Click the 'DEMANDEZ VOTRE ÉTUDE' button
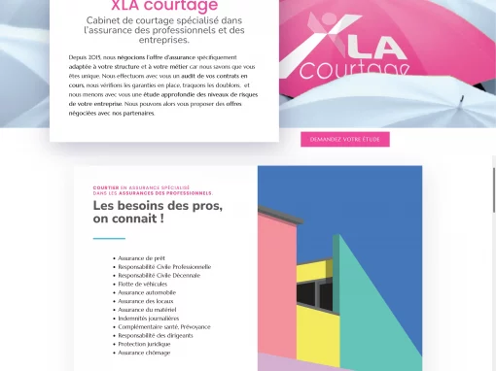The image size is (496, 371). click(x=344, y=139)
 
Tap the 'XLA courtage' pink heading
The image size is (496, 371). click(x=164, y=7)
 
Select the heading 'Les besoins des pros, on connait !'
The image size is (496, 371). click(x=158, y=212)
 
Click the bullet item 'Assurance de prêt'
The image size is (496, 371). click(x=141, y=258)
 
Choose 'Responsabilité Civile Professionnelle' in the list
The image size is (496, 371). click(x=164, y=266)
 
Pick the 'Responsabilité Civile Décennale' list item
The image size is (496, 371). click(x=158, y=275)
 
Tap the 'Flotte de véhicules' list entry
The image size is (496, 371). click(x=145, y=284)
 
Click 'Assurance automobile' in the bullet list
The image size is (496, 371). click(x=147, y=292)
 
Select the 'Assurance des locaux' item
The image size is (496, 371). click(x=146, y=301)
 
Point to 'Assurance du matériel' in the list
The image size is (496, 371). click(x=147, y=310)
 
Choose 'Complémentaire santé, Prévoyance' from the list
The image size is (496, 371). click(x=163, y=327)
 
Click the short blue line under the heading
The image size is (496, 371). click(x=109, y=238)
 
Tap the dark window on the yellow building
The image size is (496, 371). click(x=309, y=292)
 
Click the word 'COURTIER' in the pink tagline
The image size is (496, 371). click(x=106, y=186)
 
